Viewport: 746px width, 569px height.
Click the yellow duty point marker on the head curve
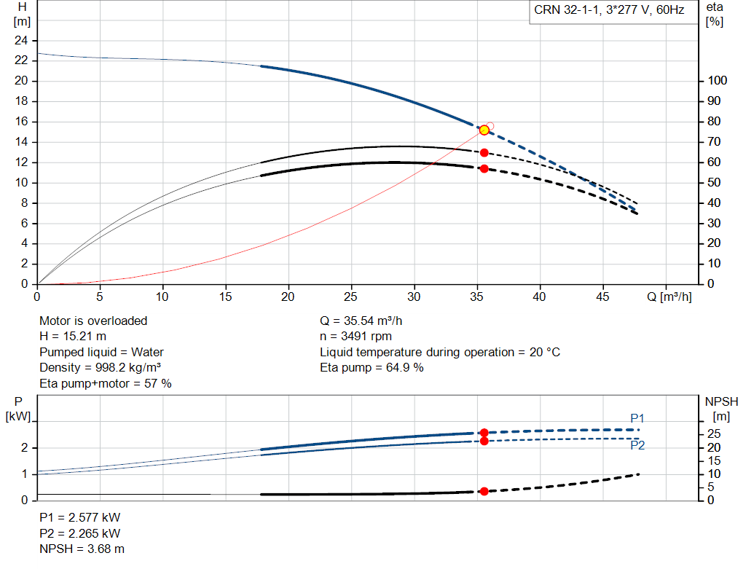484,130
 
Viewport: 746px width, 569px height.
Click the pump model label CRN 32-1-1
566,10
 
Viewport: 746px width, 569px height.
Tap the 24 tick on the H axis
21,41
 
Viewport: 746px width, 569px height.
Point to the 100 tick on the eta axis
717,81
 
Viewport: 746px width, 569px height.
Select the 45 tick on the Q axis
602,297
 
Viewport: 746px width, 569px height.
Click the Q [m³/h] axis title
669,297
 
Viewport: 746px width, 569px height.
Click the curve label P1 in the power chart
637,418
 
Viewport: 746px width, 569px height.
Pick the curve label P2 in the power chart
637,445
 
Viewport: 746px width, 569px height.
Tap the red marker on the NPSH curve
484,491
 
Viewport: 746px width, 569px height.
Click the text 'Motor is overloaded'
93,321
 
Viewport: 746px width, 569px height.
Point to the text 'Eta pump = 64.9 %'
372,368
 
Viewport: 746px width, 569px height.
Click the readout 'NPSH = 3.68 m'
82,549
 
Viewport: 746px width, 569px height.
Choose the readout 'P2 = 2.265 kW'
80,533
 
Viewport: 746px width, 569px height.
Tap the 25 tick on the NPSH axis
714,434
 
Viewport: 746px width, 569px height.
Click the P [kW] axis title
18,409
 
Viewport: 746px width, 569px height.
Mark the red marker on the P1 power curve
484,433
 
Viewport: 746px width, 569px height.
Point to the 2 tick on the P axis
25,448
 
